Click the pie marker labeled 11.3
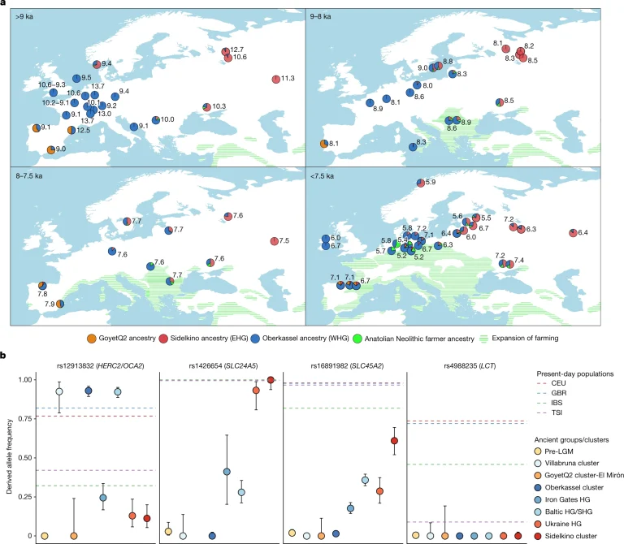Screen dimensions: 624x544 (x=275, y=79)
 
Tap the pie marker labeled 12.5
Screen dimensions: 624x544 (x=71, y=130)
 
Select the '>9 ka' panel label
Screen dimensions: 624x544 (x=24, y=17)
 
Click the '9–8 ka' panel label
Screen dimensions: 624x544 (x=320, y=17)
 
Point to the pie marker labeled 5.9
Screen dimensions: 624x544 (x=421, y=183)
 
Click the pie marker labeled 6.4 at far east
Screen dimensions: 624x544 (x=573, y=233)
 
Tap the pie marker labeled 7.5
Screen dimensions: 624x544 (x=274, y=241)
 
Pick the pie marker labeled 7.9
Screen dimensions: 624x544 (x=59, y=304)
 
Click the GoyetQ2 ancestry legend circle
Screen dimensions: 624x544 (x=92, y=339)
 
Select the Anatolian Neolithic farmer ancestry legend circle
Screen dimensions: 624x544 (x=357, y=339)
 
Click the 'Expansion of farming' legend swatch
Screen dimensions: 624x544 (x=484, y=339)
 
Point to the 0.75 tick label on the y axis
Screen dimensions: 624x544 (x=24, y=419)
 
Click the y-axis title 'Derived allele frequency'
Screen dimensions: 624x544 (x=9, y=456)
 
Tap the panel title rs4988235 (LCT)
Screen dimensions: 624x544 (x=470, y=366)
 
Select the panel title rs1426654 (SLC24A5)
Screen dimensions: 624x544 (x=223, y=366)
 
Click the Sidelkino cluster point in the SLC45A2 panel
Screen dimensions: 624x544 (x=394, y=441)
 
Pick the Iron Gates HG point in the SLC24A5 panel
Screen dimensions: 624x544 (x=227, y=472)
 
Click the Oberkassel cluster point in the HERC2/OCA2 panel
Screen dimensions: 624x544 (x=89, y=391)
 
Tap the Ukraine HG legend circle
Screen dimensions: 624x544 (x=538, y=524)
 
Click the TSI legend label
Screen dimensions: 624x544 (x=557, y=412)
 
